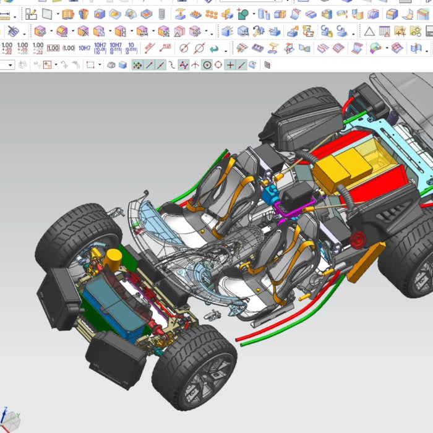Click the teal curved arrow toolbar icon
point(215,48)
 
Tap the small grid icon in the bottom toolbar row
point(267,64)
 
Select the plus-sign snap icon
point(230,64)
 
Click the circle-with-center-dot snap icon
point(207,64)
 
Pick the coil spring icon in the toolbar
point(162,14)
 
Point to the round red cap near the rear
point(358,239)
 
